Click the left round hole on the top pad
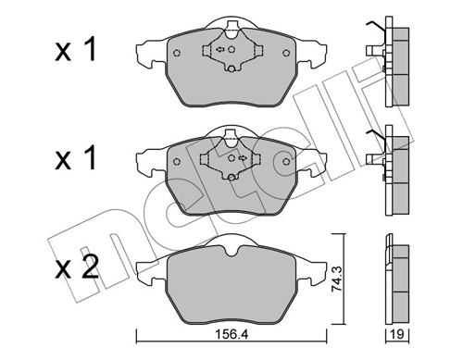click(x=177, y=54)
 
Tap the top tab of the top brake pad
click(x=227, y=26)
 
